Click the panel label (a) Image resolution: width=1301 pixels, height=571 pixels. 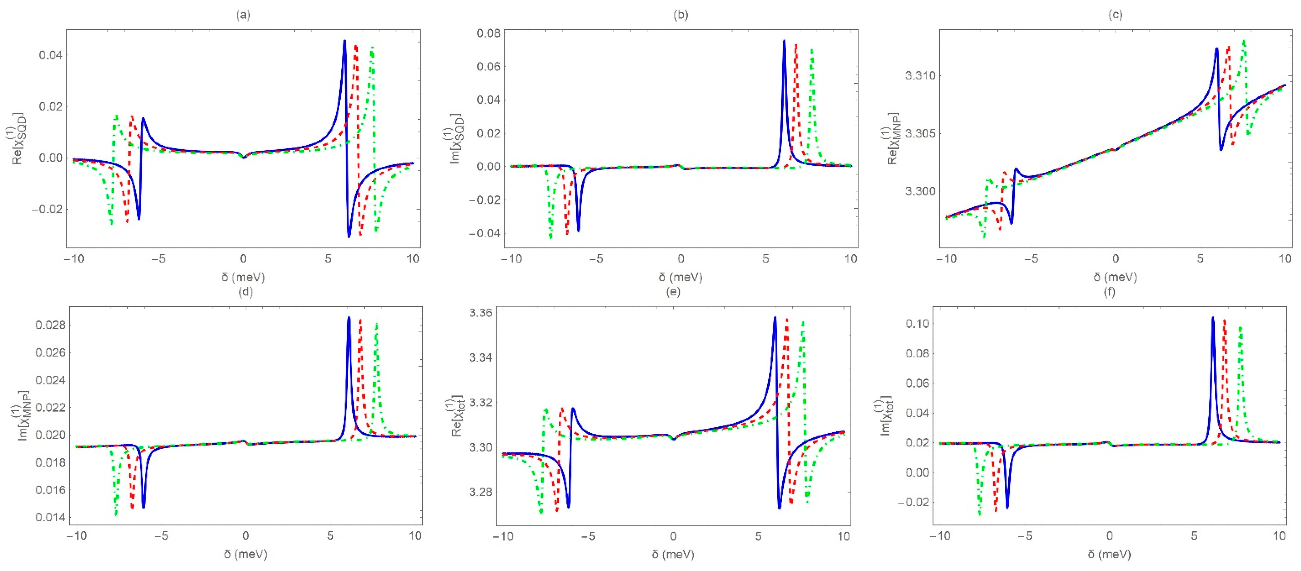[x=243, y=15]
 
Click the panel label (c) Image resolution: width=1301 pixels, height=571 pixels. [x=1115, y=15]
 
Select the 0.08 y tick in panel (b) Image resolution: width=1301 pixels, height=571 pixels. [x=488, y=33]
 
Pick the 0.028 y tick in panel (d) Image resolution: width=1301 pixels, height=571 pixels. [x=50, y=325]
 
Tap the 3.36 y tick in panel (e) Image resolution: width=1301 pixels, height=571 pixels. [x=480, y=313]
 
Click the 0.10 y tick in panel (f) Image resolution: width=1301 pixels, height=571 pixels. [x=917, y=324]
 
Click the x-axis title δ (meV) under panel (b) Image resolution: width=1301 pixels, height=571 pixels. [x=680, y=277]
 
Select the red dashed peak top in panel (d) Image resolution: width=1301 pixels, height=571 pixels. [x=360, y=320]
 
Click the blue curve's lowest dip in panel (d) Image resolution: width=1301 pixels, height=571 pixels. [x=143, y=507]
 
